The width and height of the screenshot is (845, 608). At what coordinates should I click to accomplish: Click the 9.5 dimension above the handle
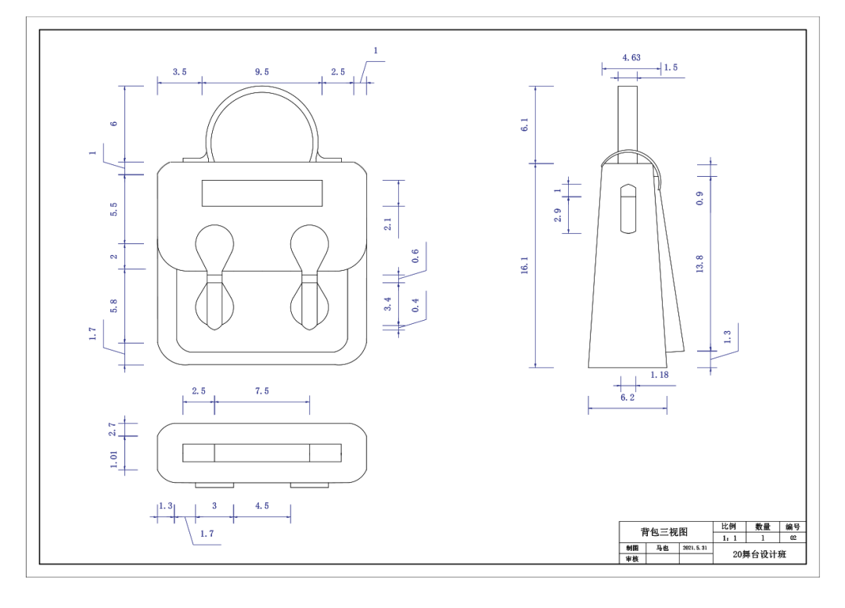261,72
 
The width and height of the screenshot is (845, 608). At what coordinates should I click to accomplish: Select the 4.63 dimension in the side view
631,58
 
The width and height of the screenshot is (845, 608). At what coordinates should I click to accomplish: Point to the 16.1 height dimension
525,266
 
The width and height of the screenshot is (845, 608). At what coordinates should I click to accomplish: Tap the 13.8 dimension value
699,264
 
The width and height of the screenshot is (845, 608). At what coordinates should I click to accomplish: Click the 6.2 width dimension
627,398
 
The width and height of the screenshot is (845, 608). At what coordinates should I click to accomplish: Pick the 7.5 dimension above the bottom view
261,391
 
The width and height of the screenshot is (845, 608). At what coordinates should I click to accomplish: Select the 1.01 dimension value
114,459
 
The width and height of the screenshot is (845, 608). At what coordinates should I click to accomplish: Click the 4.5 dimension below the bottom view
261,506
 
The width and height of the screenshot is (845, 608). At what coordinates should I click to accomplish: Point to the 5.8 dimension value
114,306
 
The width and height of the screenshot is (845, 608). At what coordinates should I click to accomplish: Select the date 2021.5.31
695,549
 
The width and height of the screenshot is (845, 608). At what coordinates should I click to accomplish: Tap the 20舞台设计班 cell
759,554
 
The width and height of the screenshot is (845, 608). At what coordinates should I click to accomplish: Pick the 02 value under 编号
792,538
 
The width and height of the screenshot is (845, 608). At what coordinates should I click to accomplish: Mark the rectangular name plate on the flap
262,193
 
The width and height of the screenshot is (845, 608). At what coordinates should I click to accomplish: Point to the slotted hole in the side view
627,209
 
